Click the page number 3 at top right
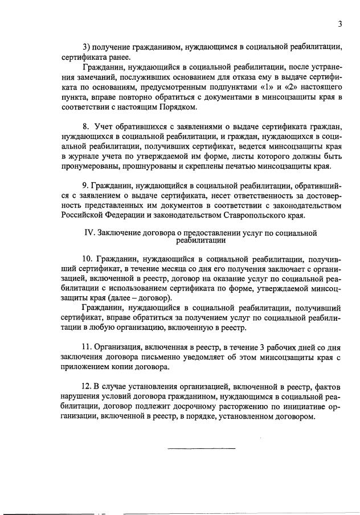339,24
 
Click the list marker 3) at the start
87,47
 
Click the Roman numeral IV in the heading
89,233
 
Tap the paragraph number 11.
87,347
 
